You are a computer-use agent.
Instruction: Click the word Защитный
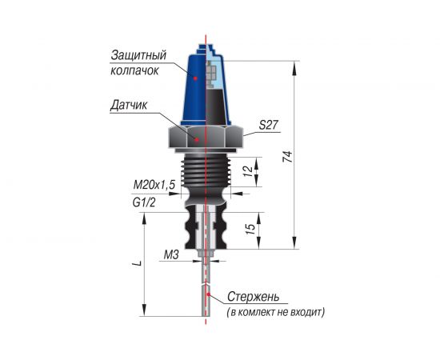pyautogui.click(x=138, y=55)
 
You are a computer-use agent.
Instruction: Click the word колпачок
pyautogui.click(x=134, y=70)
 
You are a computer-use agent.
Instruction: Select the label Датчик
pyautogui.click(x=129, y=106)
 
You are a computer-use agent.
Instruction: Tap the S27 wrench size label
pyautogui.click(x=270, y=125)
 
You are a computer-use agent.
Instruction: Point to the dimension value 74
pyautogui.click(x=287, y=157)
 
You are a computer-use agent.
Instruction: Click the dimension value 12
pyautogui.click(x=247, y=171)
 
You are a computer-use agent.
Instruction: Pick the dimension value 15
pyautogui.click(x=250, y=230)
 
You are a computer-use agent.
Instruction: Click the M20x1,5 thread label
pyautogui.click(x=154, y=185)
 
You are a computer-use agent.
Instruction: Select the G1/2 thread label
pyautogui.click(x=144, y=202)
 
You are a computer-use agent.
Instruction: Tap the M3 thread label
pyautogui.click(x=171, y=255)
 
